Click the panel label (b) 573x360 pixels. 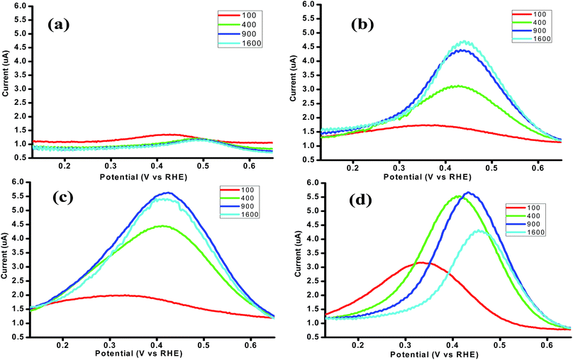pos(362,24)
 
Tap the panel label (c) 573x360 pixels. pos(62,197)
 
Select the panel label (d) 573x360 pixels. pos(361,200)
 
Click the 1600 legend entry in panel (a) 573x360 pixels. pos(240,43)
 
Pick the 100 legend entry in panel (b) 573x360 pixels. pos(529,14)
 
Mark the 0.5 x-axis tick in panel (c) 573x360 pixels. pos(204,344)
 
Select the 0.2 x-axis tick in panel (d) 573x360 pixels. pos(359,345)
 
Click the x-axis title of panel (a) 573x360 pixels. pos(143,177)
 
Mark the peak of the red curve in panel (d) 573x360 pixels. pos(421,262)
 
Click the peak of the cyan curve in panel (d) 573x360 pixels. pos(479,230)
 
